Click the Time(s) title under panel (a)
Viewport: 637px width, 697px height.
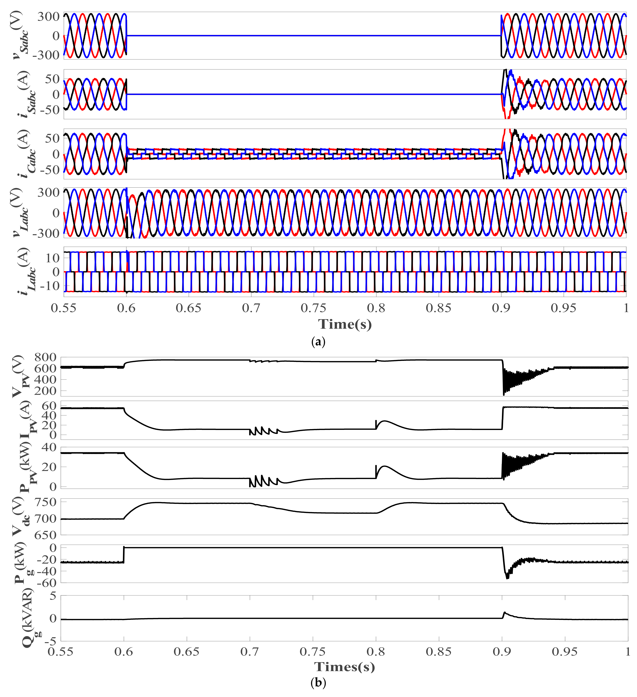(345, 324)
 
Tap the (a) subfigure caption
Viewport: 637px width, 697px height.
(318, 342)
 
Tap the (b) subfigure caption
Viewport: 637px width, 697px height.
(318, 683)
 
